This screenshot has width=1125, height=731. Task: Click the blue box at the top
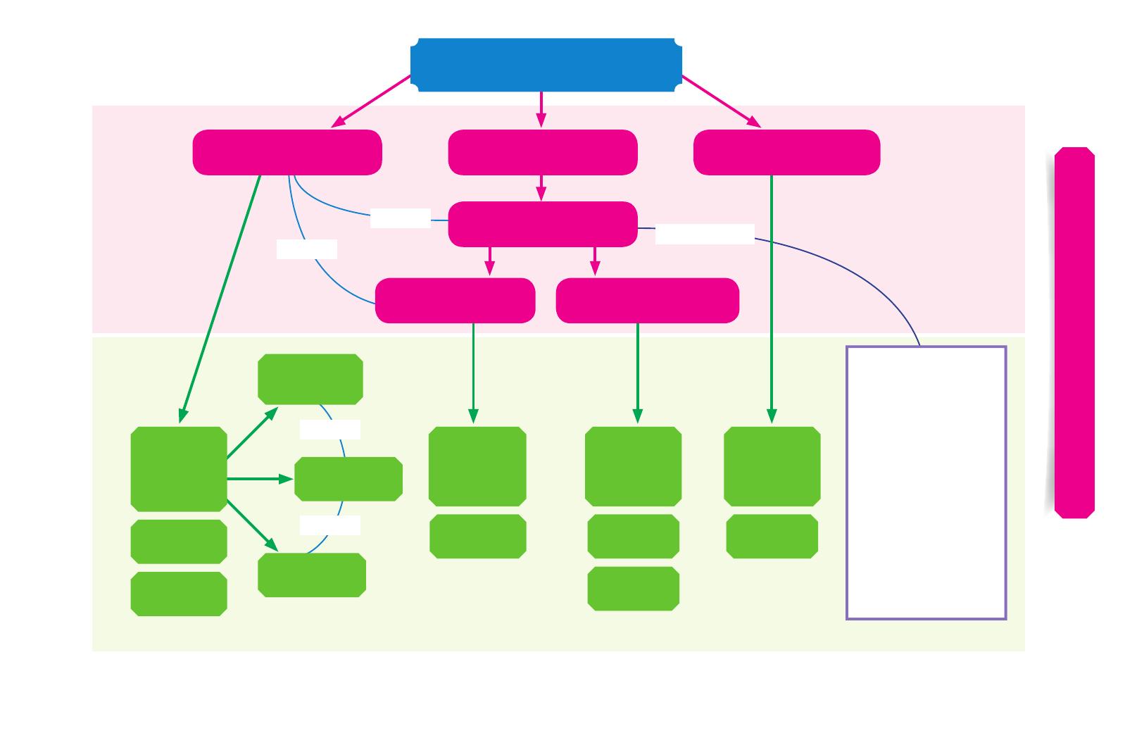pyautogui.click(x=546, y=65)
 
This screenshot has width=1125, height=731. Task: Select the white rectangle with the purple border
pyautogui.click(x=925, y=482)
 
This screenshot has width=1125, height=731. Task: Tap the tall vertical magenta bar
pyautogui.click(x=1074, y=332)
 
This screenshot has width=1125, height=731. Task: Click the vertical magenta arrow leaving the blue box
pyautogui.click(x=541, y=109)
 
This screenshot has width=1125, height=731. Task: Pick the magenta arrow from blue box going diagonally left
pyautogui.click(x=371, y=101)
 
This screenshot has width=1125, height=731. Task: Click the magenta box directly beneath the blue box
pyautogui.click(x=542, y=152)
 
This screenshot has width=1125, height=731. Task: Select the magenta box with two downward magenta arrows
pyautogui.click(x=542, y=224)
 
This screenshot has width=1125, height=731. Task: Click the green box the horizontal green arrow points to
pyautogui.click(x=348, y=479)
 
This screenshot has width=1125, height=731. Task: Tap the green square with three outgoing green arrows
pyautogui.click(x=179, y=468)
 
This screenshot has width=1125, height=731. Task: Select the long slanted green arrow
pyautogui.click(x=220, y=299)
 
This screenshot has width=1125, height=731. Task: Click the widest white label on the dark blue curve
pyautogui.click(x=705, y=234)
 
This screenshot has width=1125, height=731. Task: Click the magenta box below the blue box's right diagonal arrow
pyautogui.click(x=786, y=152)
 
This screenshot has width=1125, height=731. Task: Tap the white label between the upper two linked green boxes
pyautogui.click(x=329, y=430)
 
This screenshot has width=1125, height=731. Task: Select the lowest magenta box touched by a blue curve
pyautogui.click(x=455, y=301)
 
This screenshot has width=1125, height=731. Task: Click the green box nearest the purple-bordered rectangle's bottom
pyautogui.click(x=772, y=536)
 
